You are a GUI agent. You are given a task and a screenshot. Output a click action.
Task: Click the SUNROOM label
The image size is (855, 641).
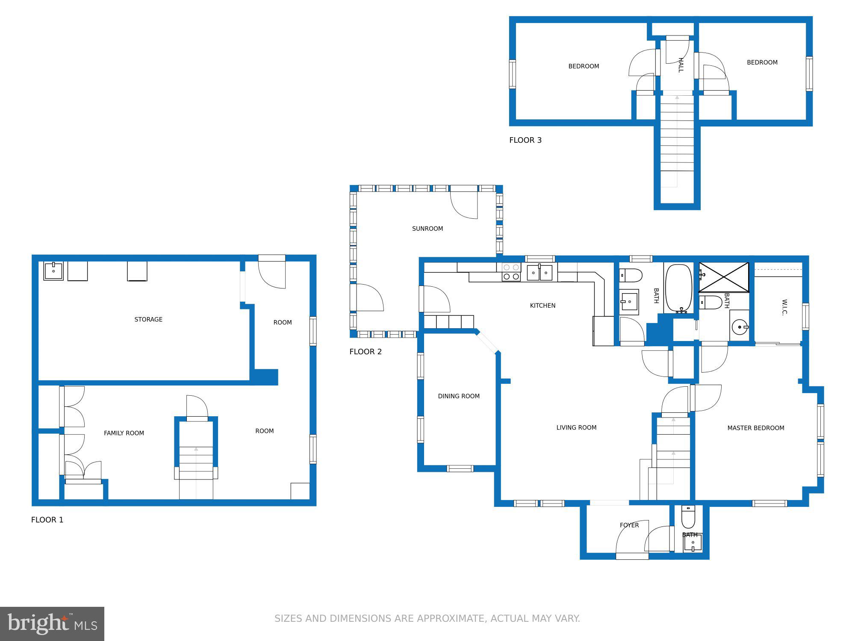point(427,229)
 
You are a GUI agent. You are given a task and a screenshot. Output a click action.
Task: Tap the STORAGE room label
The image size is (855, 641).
point(148,319)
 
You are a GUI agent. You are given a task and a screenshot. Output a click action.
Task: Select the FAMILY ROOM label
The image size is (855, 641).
point(124,433)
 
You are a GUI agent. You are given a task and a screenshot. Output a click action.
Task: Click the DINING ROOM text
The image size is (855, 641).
point(459,396)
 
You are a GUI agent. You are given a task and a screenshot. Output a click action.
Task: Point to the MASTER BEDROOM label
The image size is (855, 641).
point(755,428)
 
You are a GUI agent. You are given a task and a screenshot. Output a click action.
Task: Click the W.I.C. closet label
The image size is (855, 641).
point(784,307)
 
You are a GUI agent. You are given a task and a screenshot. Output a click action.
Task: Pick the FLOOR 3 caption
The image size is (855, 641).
point(525,140)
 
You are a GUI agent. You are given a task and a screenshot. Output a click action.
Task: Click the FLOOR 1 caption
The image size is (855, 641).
point(47,520)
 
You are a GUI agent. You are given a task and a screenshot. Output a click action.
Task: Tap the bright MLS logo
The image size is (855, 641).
point(52,623)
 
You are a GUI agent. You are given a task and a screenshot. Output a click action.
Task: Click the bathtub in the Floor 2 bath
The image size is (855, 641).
point(679,288)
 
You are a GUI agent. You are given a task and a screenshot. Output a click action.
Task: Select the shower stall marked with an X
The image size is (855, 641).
point(723,277)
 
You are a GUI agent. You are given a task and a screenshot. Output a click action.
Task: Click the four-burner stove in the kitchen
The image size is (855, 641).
point(511,272)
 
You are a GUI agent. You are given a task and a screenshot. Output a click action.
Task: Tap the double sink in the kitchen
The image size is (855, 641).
point(540,272)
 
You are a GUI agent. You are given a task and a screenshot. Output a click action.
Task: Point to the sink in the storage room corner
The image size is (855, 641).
point(53,271)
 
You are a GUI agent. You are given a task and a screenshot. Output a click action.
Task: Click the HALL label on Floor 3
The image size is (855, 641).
point(681,65)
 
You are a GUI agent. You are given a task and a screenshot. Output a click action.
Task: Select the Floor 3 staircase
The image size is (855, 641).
point(677,141)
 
